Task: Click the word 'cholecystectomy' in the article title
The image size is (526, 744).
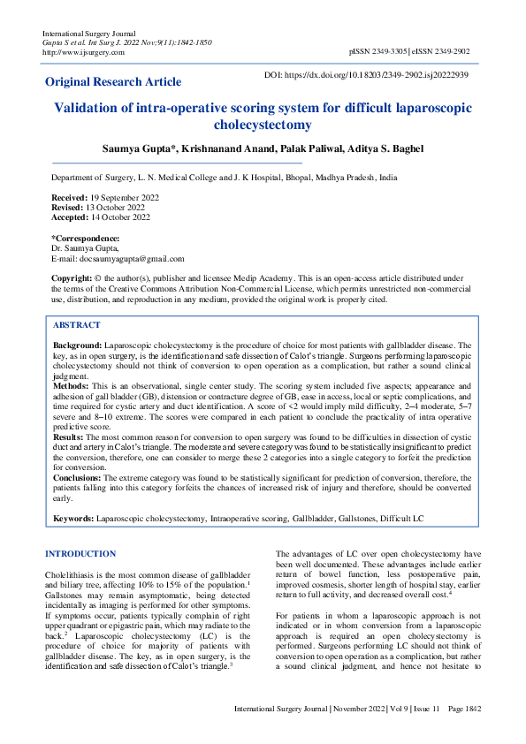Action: click(x=263, y=125)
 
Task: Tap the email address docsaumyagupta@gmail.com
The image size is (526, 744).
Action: click(x=131, y=259)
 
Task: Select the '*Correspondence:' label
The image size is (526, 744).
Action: click(x=86, y=239)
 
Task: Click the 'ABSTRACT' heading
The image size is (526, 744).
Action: click(x=77, y=325)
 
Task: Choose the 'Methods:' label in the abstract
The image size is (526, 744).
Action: click(x=71, y=386)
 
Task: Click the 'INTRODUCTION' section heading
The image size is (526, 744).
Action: click(x=80, y=553)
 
